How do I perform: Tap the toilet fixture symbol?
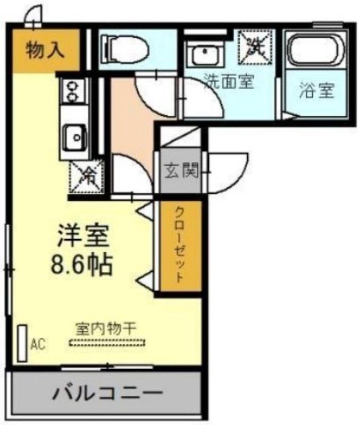126,48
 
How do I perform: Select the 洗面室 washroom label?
229,82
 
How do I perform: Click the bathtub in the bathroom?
316,51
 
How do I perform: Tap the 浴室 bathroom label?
317,91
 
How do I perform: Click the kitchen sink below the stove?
74,138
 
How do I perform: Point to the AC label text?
38,344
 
